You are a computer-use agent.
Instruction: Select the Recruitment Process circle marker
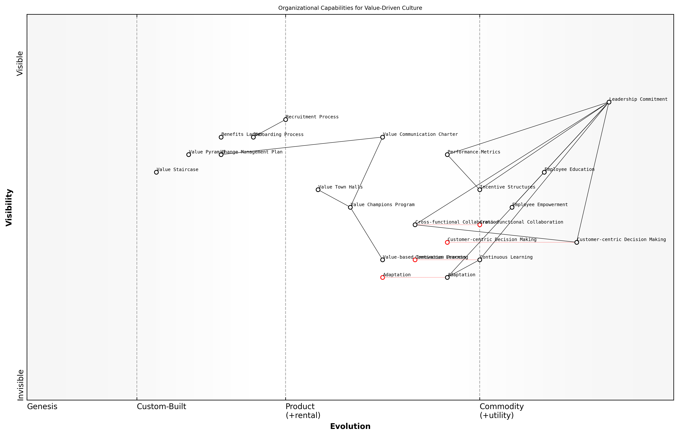pos(286,119)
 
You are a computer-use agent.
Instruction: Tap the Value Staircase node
pos(156,172)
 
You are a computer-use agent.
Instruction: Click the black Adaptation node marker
pos(447,277)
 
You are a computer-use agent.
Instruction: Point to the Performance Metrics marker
pos(447,155)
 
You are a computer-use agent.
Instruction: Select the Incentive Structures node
pos(479,190)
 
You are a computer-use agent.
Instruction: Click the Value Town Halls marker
pos(318,190)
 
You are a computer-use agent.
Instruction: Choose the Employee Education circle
pos(544,172)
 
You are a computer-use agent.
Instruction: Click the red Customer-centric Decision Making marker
pos(447,242)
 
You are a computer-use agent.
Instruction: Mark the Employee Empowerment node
pos(512,207)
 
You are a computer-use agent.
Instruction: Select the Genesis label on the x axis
pos(42,407)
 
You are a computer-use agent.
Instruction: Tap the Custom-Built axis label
pos(161,407)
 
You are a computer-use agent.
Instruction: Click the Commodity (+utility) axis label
pos(501,411)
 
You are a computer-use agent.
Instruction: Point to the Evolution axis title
pos(350,426)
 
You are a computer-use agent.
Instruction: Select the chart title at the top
pos(350,8)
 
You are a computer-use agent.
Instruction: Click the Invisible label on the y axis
pos(20,385)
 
